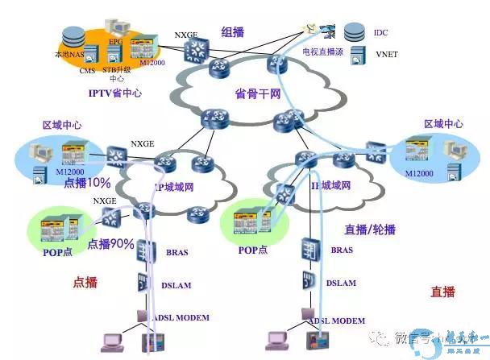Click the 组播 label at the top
coord(233,32)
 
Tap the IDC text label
coord(380,33)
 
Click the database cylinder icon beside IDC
coord(353,33)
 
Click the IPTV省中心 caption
coord(116,93)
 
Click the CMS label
coord(87,71)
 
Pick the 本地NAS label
coord(68,56)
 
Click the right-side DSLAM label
coord(341,283)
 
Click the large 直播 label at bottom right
coord(442,292)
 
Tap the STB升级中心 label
coord(116,75)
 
